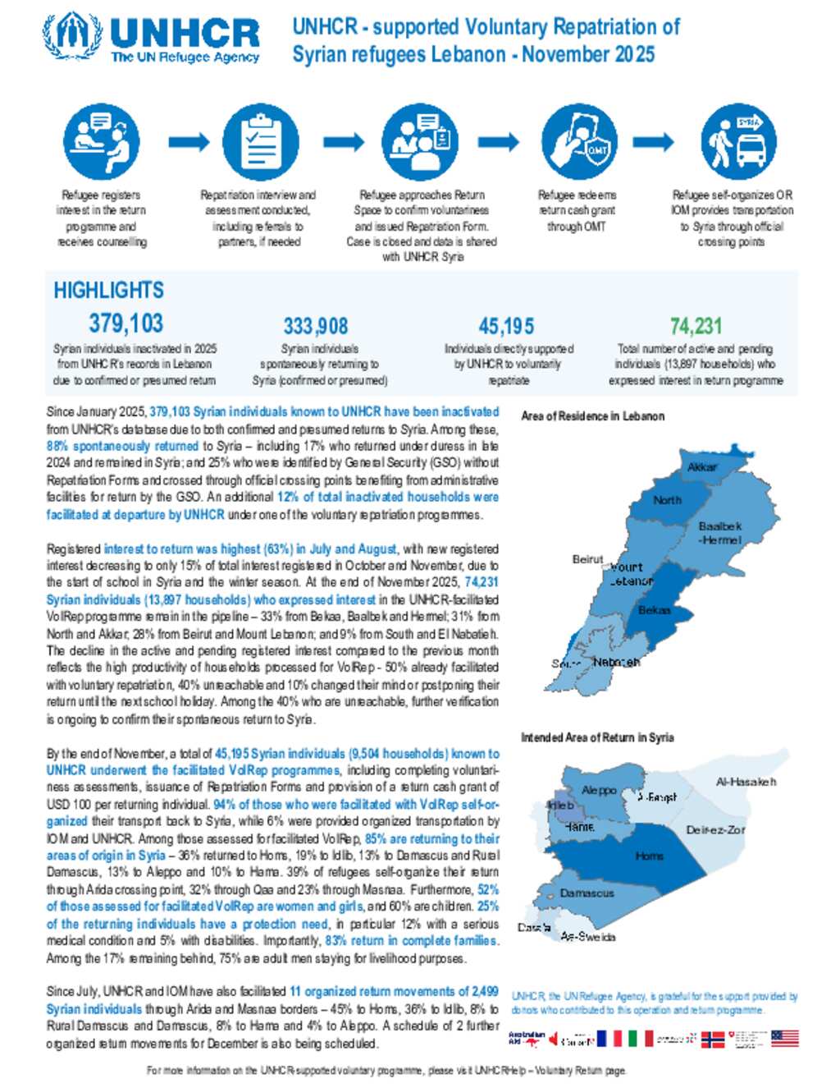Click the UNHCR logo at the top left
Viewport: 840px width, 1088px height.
(152, 39)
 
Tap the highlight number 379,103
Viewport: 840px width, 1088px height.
(126, 323)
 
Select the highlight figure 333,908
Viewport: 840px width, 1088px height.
(316, 326)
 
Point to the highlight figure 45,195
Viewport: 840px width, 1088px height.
(506, 326)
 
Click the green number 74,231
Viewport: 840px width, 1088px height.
(696, 326)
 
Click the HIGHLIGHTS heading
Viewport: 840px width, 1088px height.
(108, 290)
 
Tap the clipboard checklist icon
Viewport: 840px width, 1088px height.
(260, 142)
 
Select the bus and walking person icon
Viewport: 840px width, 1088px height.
(738, 142)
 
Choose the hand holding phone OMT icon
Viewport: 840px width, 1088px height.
(579, 142)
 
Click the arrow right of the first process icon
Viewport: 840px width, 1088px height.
(189, 142)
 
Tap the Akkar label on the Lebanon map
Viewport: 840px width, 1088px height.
(702, 466)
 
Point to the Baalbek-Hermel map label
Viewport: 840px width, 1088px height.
(720, 533)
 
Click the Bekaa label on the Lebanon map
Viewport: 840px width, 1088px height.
(655, 610)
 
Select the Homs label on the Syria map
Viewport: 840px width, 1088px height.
(649, 856)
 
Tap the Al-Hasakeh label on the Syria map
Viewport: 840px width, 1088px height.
(746, 782)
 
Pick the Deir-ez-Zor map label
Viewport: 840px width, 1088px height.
(715, 829)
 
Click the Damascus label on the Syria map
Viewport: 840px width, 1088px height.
(587, 893)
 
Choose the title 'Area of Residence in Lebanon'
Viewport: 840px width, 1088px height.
(592, 416)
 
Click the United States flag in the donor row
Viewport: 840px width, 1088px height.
(785, 1039)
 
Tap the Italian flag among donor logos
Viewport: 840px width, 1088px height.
(640, 1039)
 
